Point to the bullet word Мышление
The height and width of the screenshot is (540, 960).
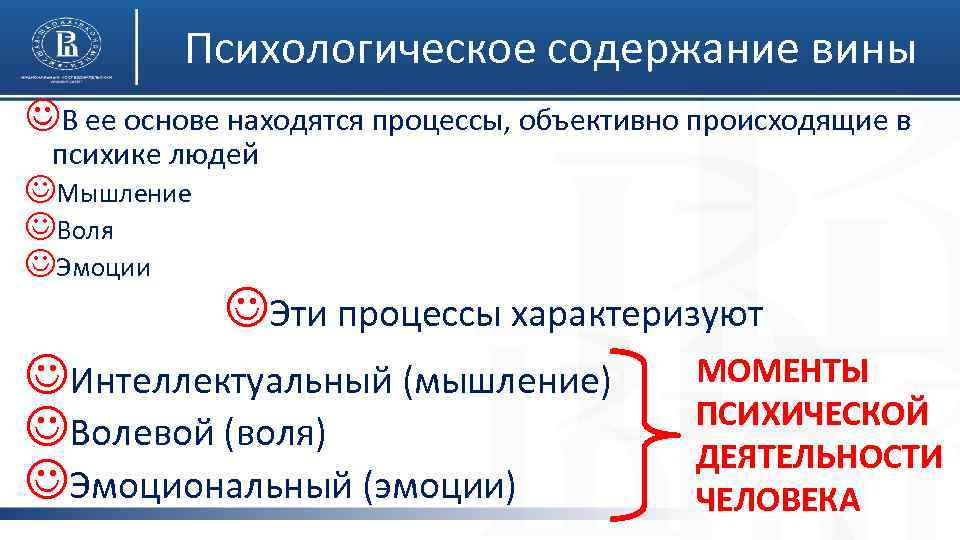124,194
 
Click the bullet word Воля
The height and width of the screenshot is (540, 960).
85,231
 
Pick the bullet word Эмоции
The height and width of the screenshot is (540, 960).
104,268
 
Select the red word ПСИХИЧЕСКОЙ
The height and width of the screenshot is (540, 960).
812,413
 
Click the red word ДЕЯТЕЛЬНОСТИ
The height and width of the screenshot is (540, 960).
819,456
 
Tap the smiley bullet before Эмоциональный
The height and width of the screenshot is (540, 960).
46,485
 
